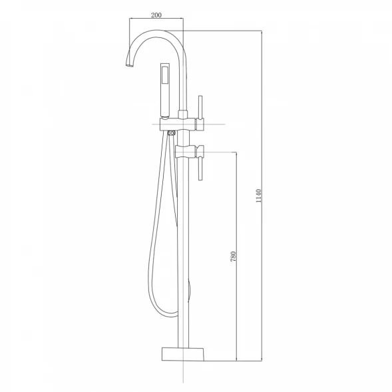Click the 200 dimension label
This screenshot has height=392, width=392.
click(156, 15)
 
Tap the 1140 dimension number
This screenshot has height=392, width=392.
click(258, 196)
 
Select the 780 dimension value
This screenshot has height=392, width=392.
click(233, 256)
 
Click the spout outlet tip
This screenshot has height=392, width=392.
click(129, 65)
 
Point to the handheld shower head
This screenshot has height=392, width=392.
click(165, 91)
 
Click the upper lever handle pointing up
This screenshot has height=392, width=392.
click(200, 106)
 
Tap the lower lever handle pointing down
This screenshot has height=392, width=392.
click(200, 169)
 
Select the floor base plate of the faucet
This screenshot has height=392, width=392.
click(183, 354)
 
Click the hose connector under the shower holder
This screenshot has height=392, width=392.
click(172, 133)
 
